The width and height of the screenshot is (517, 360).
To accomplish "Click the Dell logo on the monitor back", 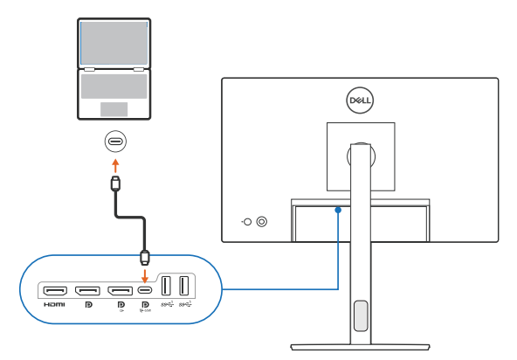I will point(360,100).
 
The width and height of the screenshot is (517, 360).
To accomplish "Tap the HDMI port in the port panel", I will point(55,290).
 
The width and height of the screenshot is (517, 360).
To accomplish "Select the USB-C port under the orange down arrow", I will point(145,290).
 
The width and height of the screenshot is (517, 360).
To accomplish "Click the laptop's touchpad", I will point(114,109).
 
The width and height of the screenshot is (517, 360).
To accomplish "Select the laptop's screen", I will point(114,41).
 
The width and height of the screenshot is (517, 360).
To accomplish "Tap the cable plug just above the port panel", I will point(145,257).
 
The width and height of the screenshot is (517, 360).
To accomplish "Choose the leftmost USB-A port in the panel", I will point(166,287).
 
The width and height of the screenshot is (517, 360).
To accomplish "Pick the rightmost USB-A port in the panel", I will point(183,287).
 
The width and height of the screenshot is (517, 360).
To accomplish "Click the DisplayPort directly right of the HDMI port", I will point(87,290).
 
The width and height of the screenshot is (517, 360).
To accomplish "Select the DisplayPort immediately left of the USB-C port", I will point(120,290).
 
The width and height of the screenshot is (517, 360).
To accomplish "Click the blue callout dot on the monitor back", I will point(338,210).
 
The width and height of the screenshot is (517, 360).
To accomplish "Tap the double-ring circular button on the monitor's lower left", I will point(263,222).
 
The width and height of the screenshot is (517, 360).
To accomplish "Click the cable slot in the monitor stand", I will point(360,314).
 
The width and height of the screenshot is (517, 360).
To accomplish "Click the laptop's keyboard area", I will point(114,86).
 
